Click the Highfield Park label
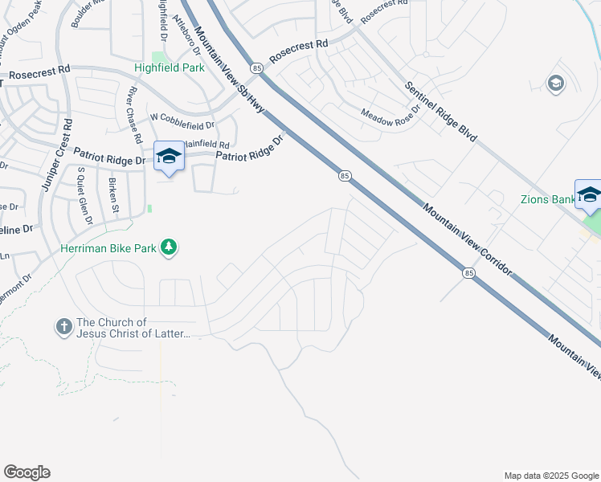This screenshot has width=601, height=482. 169,68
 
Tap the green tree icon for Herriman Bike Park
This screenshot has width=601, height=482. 169,247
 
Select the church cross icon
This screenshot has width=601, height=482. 63,327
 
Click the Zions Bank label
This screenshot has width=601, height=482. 546,198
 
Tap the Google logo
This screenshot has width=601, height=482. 27,472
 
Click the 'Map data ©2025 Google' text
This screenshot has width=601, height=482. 550,476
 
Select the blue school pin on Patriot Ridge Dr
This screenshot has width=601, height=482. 169,156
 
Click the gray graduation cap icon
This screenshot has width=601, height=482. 555,83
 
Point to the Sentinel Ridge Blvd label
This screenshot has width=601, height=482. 441,112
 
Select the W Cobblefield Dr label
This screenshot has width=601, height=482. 182,125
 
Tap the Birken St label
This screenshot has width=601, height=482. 114,196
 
